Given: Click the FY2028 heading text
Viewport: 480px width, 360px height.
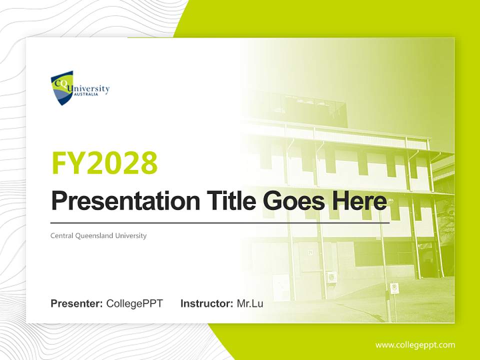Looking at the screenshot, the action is pyautogui.click(x=104, y=163).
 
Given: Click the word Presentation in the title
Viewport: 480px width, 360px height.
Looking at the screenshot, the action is pyautogui.click(x=125, y=201).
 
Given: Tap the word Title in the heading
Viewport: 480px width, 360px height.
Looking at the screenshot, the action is pyautogui.click(x=231, y=200).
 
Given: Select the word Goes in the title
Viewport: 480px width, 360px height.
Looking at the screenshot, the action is pyautogui.click(x=293, y=201).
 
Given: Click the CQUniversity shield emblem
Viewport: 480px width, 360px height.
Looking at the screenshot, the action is pyautogui.click(x=62, y=88).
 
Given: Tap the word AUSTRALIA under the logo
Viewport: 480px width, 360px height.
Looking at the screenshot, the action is pyautogui.click(x=86, y=94).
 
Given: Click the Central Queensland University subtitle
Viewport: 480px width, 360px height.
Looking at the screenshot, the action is pyautogui.click(x=98, y=235).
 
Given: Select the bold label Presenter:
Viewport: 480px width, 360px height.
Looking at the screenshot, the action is pyautogui.click(x=76, y=303).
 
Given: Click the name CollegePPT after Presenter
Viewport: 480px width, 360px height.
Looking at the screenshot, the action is pyautogui.click(x=134, y=303).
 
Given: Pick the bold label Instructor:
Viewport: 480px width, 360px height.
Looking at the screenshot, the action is pyautogui.click(x=207, y=303).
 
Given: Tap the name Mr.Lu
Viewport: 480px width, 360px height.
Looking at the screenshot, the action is pyautogui.click(x=250, y=303).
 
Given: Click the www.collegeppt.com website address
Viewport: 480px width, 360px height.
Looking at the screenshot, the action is pyautogui.click(x=415, y=345).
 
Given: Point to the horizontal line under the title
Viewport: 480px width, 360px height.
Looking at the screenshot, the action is pyautogui.click(x=220, y=223).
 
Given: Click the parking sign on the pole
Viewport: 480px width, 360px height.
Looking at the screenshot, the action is pyautogui.click(x=394, y=288).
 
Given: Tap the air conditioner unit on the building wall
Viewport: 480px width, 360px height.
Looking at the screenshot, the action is pyautogui.click(x=331, y=277).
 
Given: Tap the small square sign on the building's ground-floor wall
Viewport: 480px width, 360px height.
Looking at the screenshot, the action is pyautogui.click(x=310, y=252).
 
